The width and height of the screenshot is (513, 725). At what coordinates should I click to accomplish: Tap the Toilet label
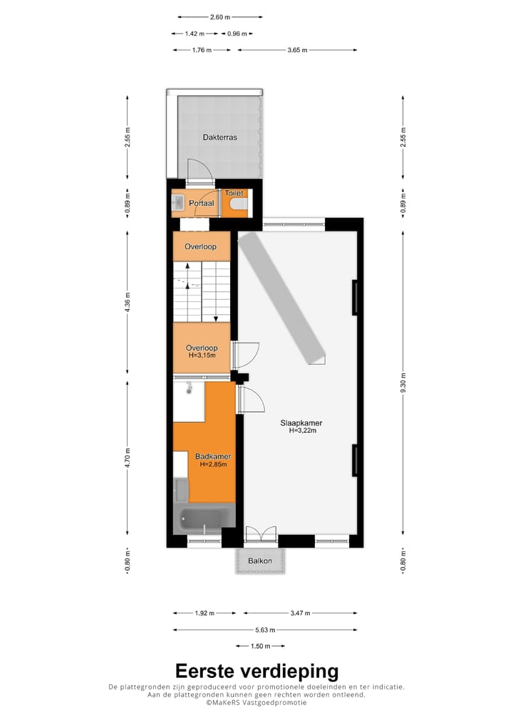(234, 193)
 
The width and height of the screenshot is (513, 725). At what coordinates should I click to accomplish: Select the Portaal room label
(202, 204)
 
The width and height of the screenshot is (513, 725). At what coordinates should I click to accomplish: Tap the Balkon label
(260, 561)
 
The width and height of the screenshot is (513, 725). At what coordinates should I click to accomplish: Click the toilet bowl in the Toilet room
(239, 206)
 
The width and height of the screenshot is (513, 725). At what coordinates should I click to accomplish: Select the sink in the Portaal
(178, 203)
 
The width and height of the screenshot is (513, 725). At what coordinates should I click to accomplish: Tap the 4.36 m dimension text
(128, 303)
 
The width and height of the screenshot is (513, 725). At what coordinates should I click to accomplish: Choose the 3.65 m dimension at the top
(297, 50)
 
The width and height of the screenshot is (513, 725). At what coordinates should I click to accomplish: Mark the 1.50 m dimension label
(259, 646)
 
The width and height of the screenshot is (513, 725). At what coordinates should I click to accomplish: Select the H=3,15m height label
(202, 355)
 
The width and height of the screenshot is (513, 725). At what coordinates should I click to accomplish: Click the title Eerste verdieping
(256, 671)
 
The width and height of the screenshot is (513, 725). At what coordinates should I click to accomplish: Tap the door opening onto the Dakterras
(199, 171)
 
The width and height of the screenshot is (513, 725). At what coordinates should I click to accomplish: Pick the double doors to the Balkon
(260, 536)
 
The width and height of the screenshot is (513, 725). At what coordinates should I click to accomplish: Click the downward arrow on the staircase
(214, 317)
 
